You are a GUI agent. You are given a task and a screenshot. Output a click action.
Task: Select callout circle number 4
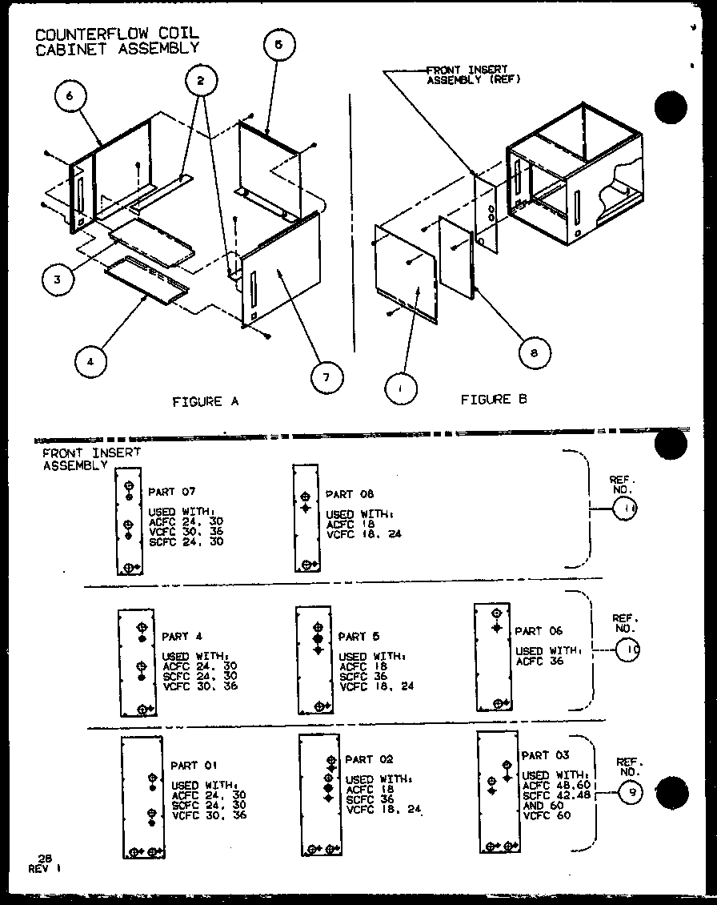pyautogui.click(x=91, y=362)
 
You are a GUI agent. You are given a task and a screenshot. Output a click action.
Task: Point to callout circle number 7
pyautogui.click(x=326, y=376)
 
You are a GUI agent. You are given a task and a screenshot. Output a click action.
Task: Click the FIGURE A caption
pyautogui.click(x=206, y=401)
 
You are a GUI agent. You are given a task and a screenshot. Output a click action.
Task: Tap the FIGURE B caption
pyautogui.click(x=494, y=399)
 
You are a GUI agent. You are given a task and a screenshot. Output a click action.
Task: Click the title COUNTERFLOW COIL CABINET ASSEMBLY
pyautogui.click(x=116, y=40)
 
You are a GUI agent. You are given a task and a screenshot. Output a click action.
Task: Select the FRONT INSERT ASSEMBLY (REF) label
pyautogui.click(x=473, y=75)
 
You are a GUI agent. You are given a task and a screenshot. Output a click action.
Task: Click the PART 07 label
pyautogui.click(x=171, y=491)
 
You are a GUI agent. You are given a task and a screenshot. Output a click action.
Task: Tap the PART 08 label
pyautogui.click(x=349, y=494)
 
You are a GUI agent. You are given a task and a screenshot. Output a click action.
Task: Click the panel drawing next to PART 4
pyautogui.click(x=137, y=662)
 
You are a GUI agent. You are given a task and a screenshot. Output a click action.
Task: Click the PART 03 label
pyautogui.click(x=545, y=755)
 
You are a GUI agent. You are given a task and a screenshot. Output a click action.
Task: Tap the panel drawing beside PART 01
pyautogui.click(x=142, y=798)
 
